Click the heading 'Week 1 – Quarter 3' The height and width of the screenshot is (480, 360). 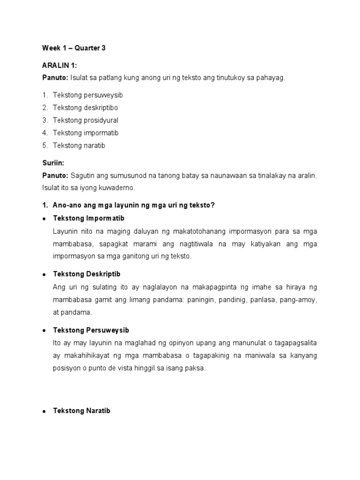pyautogui.click(x=74, y=48)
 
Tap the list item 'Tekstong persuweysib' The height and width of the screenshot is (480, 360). pyautogui.click(x=88, y=95)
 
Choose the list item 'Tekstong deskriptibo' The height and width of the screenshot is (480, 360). pyautogui.click(x=85, y=108)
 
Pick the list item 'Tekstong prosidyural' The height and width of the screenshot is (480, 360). pyautogui.click(x=85, y=120)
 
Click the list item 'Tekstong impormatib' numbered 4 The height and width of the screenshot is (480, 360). pyautogui.click(x=85, y=133)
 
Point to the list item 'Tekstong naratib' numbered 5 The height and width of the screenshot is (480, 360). pyautogui.click(x=79, y=146)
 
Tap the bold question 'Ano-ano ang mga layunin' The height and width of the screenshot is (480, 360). pyautogui.click(x=134, y=205)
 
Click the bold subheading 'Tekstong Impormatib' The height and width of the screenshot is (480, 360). pyautogui.click(x=89, y=218)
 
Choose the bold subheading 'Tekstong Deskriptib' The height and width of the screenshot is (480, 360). pyautogui.click(x=87, y=274)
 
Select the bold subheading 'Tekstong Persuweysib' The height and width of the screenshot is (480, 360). pyautogui.click(x=91, y=330)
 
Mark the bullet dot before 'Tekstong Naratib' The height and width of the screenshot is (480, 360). pyautogui.click(x=44, y=412)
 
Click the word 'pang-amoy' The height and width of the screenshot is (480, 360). pyautogui.click(x=301, y=300)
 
